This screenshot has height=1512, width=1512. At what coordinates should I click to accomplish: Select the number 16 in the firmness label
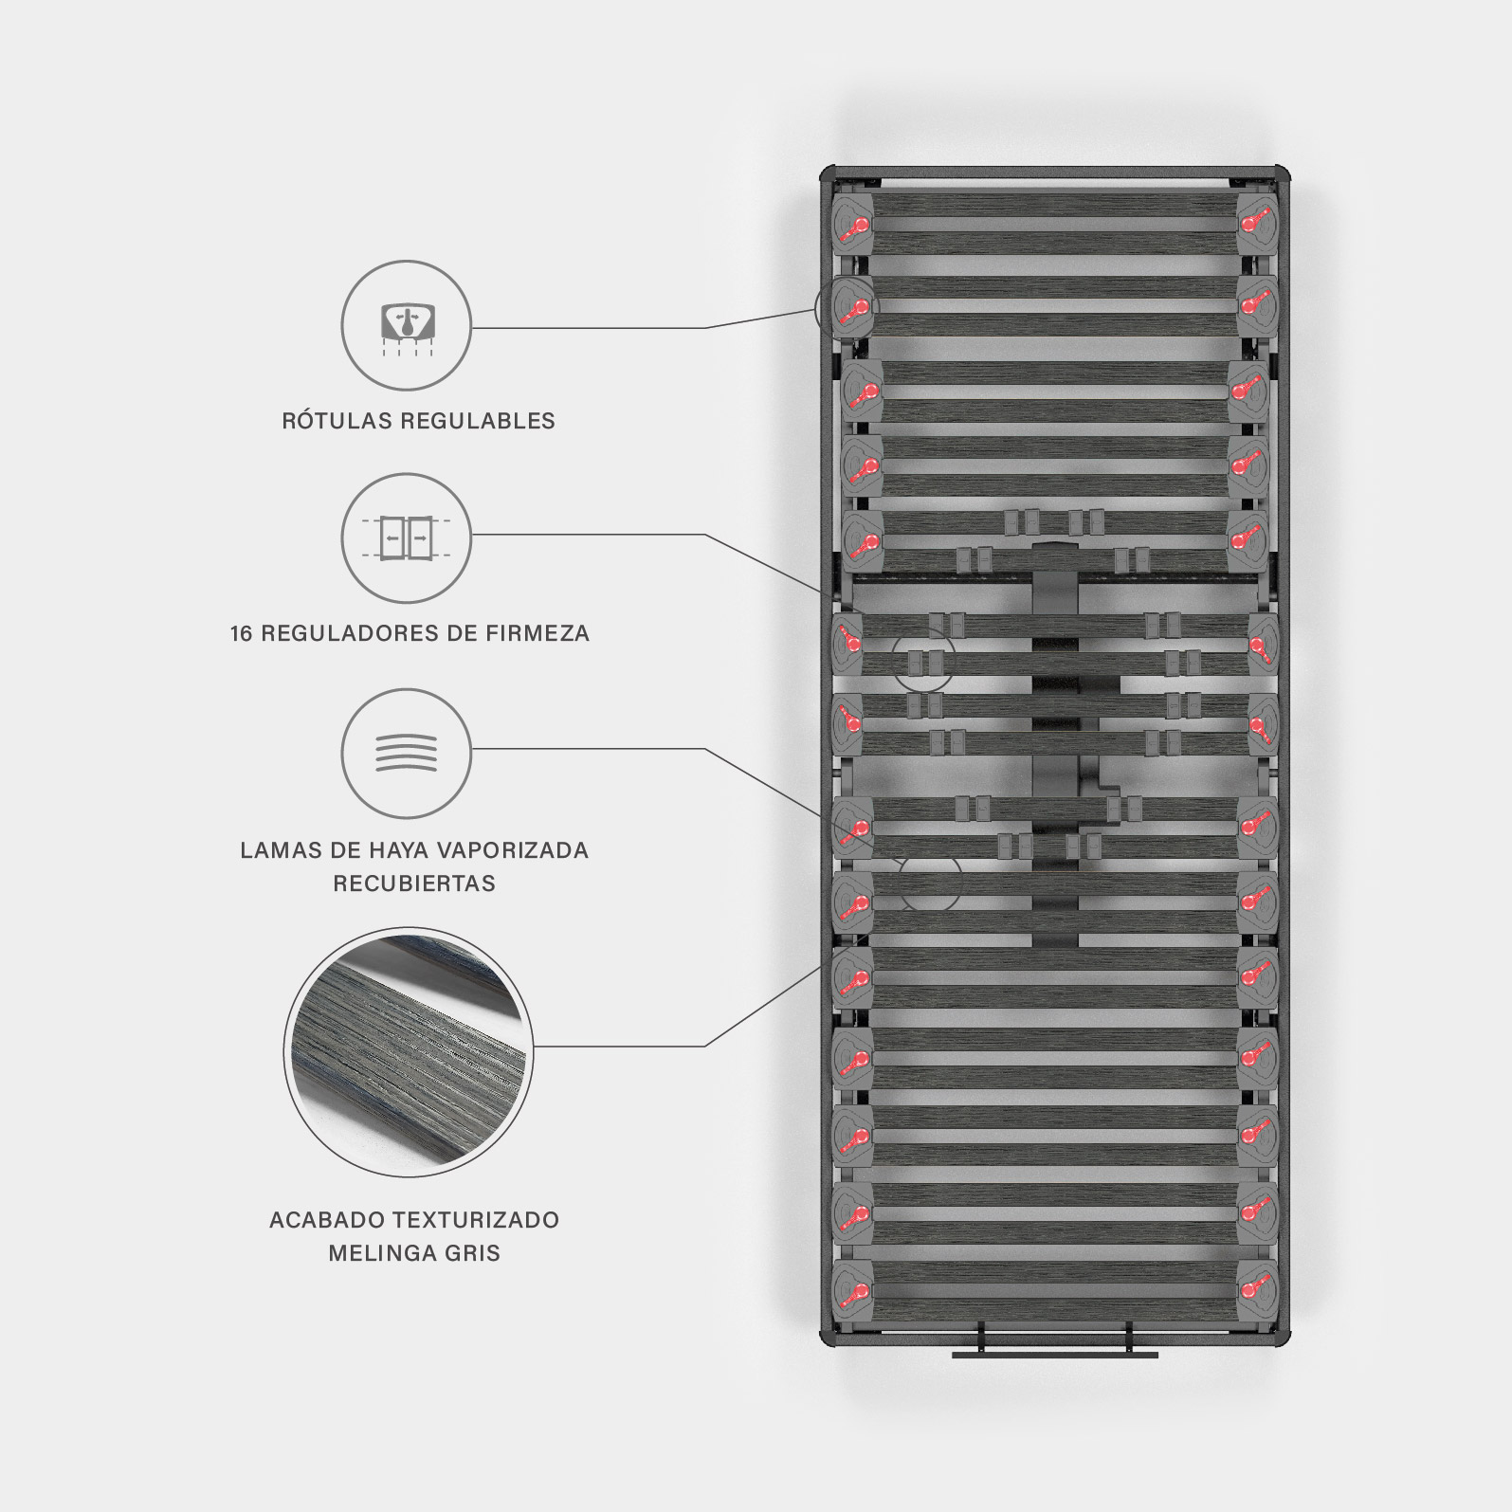click(241, 633)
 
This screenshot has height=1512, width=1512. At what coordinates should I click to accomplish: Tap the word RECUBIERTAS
click(414, 884)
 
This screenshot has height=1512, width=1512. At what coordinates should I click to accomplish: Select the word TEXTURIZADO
click(476, 1220)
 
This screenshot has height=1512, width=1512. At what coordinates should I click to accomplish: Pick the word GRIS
click(471, 1253)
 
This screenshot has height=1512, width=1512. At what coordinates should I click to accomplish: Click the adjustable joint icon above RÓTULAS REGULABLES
click(406, 324)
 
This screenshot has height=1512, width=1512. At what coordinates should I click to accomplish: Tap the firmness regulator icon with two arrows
click(406, 537)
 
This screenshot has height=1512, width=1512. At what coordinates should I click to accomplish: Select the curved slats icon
click(406, 753)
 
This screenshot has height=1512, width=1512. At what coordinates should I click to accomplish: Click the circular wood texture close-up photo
click(409, 1051)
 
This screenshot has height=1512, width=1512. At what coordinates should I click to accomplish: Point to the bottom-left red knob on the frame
click(856, 1291)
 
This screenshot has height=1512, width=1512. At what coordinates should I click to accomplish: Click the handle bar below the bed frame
click(1054, 1354)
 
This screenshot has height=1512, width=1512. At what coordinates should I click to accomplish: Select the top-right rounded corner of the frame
click(1281, 174)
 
